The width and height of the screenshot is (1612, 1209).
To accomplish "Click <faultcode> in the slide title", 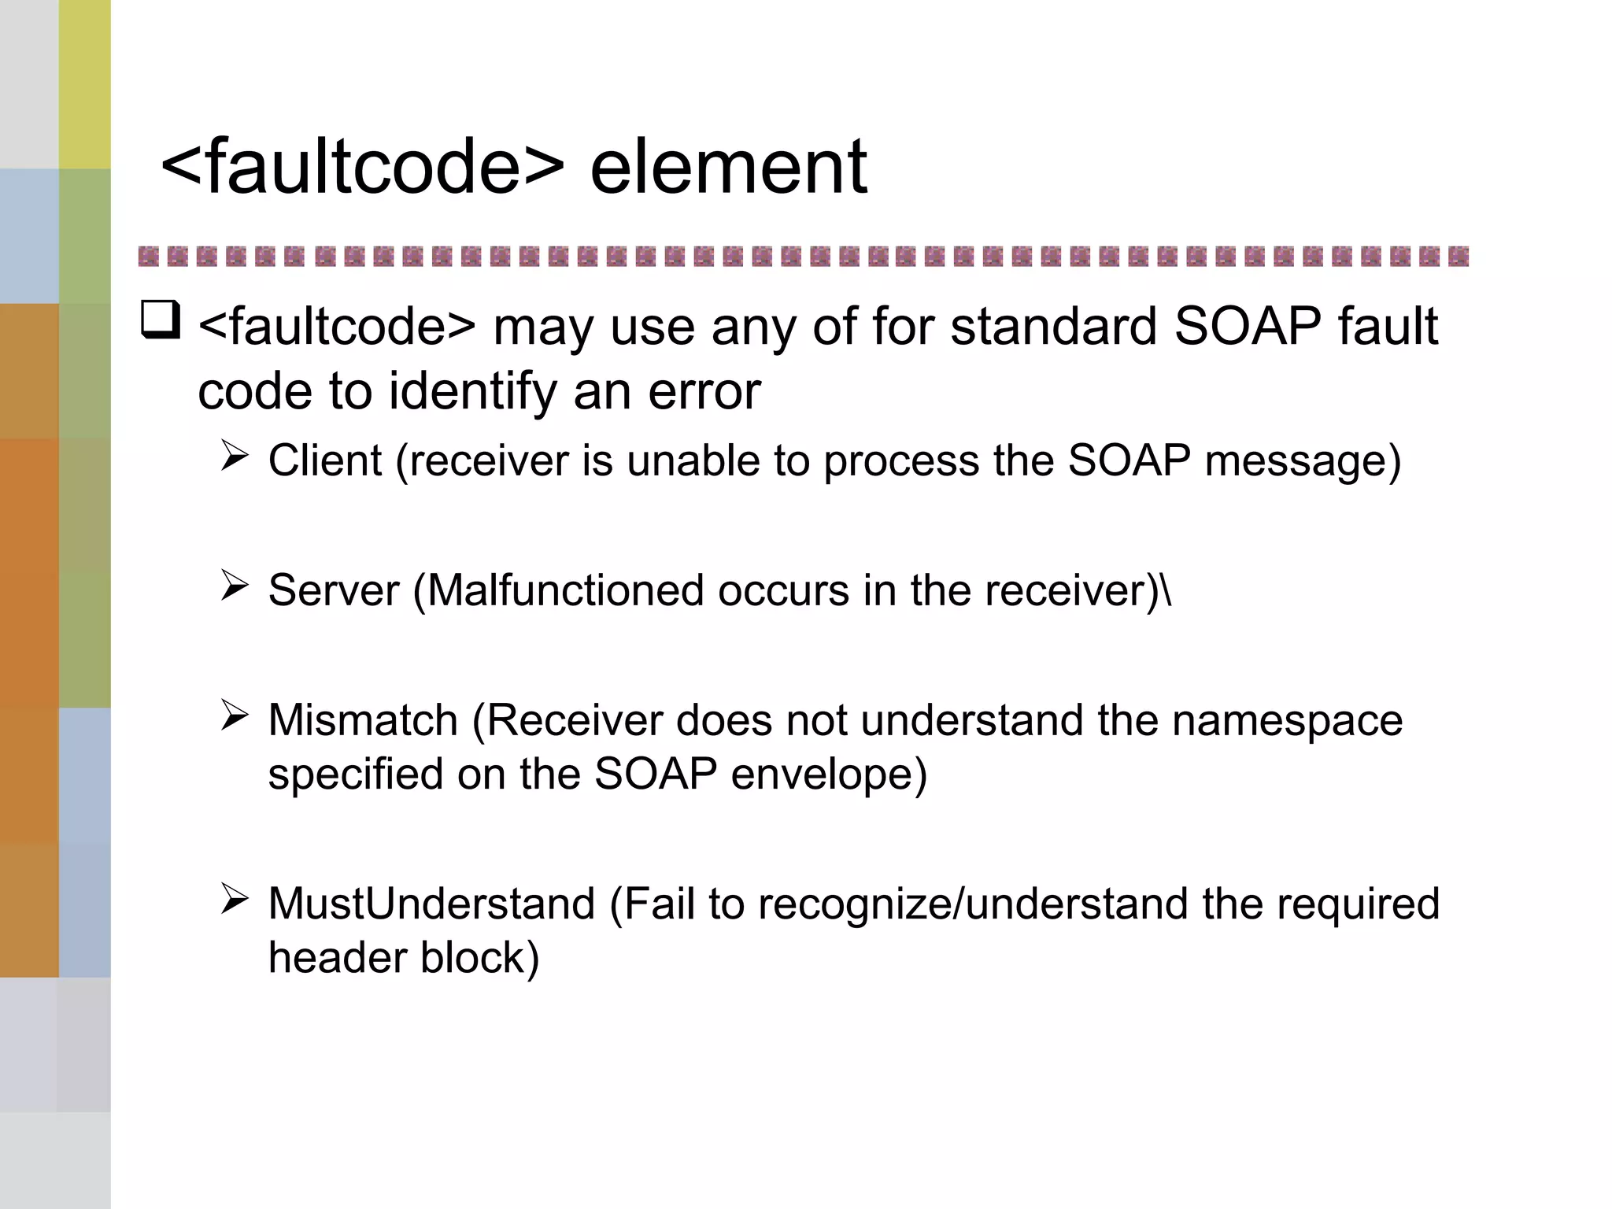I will tap(362, 167).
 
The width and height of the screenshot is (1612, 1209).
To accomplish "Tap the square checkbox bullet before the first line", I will tap(161, 320).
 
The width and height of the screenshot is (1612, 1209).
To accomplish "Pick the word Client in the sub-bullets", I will tap(324, 460).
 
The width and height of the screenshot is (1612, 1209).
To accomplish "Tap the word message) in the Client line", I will tap(1303, 460).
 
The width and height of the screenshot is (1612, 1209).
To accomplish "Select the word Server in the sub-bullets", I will tap(334, 590).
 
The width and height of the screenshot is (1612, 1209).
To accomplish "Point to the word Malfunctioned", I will tap(564, 590).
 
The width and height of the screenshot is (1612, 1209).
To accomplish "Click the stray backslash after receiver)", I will tap(1166, 590).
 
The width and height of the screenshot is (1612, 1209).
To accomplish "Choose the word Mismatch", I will tap(363, 720).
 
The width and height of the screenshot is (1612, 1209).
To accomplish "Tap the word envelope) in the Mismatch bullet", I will tap(829, 775).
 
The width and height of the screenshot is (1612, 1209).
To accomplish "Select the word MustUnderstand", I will tap(431, 904).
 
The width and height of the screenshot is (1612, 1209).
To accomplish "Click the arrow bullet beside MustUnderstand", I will tap(235, 898).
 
